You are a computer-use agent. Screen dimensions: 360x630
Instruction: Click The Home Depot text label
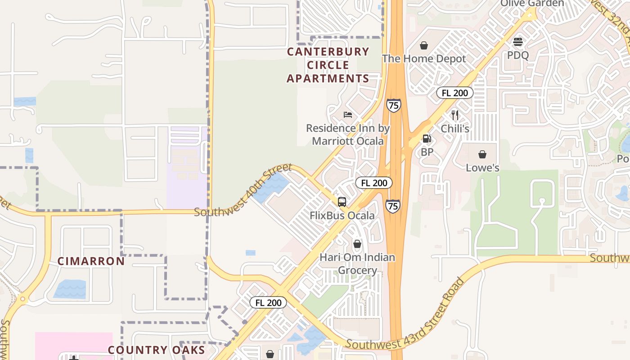click(x=424, y=58)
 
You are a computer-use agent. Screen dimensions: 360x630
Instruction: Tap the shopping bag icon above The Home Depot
click(x=423, y=45)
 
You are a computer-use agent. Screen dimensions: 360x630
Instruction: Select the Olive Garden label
click(x=532, y=4)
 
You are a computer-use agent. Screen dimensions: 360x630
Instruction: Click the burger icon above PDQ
click(x=517, y=42)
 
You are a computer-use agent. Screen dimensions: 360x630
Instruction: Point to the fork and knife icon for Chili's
click(x=454, y=115)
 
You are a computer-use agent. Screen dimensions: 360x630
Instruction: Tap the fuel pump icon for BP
click(x=427, y=139)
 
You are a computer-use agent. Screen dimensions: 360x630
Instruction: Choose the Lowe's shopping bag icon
click(x=482, y=155)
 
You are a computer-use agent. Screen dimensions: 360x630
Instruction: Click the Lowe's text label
click(x=482, y=168)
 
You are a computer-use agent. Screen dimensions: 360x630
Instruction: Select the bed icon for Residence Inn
click(x=348, y=115)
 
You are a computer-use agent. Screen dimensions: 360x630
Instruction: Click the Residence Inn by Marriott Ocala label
click(x=348, y=135)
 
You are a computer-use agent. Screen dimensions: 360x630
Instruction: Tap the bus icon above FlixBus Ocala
click(x=342, y=202)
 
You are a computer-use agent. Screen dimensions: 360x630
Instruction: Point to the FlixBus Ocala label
click(x=342, y=216)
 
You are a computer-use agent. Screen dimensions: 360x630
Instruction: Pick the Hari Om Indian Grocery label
click(x=357, y=264)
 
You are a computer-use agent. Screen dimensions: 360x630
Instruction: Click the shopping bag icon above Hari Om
click(x=357, y=244)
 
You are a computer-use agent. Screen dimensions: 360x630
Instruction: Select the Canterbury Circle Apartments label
click(x=328, y=65)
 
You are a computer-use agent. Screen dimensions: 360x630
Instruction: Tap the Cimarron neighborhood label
click(x=91, y=261)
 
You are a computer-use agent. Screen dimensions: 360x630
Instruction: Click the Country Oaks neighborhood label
click(x=156, y=350)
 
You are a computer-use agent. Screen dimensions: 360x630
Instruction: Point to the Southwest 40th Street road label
click(x=243, y=191)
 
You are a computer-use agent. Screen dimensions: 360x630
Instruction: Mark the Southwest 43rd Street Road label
click(x=405, y=315)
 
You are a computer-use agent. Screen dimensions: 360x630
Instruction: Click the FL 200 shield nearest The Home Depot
click(x=455, y=93)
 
